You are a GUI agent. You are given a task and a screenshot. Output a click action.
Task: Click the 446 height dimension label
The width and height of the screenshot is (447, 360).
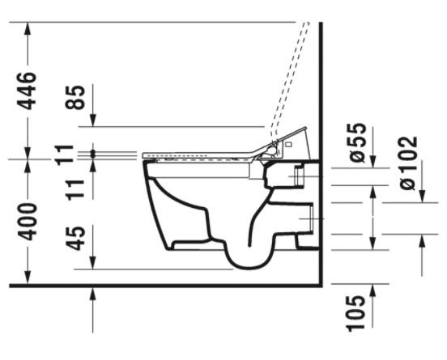click(x=28, y=91)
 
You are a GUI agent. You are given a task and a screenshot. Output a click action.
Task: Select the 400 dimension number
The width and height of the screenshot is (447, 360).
click(x=28, y=220)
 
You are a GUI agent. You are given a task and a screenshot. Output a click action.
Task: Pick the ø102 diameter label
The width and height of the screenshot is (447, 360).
click(x=409, y=163)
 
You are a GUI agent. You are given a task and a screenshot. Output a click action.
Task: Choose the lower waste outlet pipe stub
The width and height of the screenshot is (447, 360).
click(x=308, y=218)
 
